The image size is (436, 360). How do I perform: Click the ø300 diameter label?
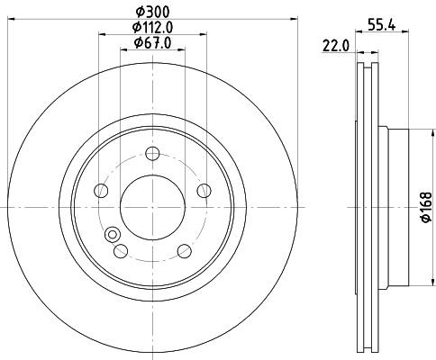tap(152, 12)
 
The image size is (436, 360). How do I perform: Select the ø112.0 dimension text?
tap(152, 28)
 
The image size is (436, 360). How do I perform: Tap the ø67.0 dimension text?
tap(152, 43)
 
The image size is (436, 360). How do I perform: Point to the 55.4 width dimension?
tap(381, 25)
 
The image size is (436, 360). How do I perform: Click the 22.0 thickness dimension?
tap(336, 46)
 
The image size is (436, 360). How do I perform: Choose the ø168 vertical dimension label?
tap(426, 207)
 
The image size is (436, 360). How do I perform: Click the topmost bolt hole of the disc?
tap(152, 154)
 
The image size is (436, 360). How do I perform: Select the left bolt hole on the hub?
tap(101, 191)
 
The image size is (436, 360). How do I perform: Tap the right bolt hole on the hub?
tap(204, 191)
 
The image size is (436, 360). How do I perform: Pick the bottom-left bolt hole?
tap(121, 251)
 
